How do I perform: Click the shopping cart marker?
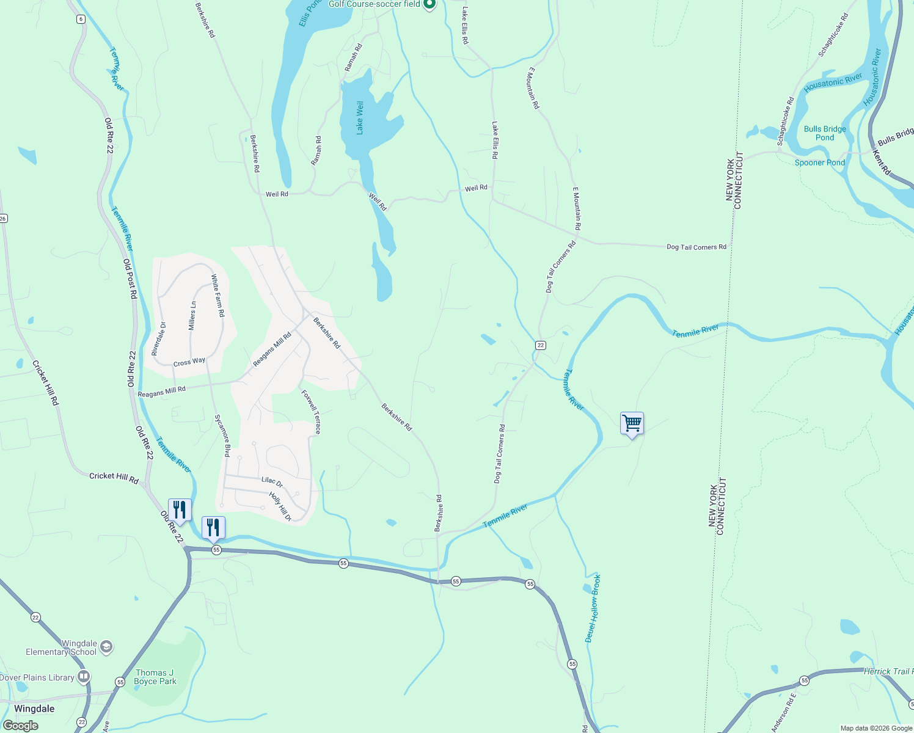pyautogui.click(x=632, y=423)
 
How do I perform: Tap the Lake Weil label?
pyautogui.click(x=360, y=118)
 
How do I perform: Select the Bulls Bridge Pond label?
pyautogui.click(x=825, y=133)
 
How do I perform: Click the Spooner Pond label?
pyautogui.click(x=819, y=162)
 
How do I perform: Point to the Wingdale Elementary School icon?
pyautogui.click(x=106, y=647)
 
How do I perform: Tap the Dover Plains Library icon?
pyautogui.click(x=84, y=677)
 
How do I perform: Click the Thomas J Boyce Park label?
pyautogui.click(x=155, y=677)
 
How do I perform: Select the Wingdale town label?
pyautogui.click(x=34, y=709)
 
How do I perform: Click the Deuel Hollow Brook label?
pyautogui.click(x=593, y=608)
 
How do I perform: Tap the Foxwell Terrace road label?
pyautogui.click(x=311, y=412)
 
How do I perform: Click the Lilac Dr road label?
pyautogui.click(x=272, y=481)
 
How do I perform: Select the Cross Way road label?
pyautogui.click(x=189, y=362)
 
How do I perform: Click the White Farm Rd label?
pyautogui.click(x=218, y=295)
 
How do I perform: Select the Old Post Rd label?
pyautogui.click(x=130, y=279)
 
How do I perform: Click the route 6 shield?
pyautogui.click(x=81, y=19)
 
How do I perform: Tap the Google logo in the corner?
pyautogui.click(x=20, y=726)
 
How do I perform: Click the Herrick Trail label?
pyautogui.click(x=888, y=671)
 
